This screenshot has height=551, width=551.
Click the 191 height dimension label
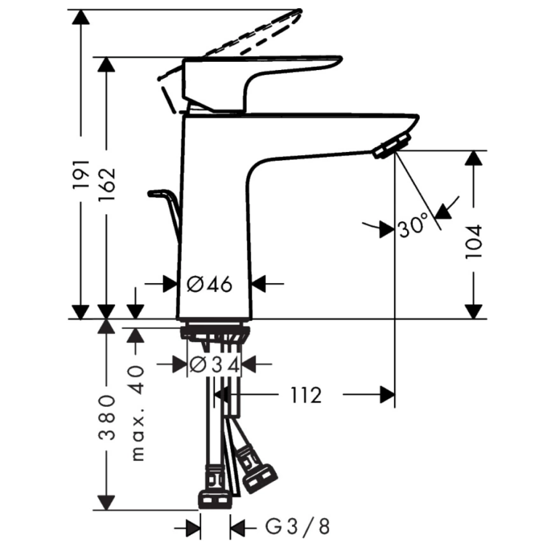(81, 174)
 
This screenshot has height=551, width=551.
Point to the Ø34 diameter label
(214, 365)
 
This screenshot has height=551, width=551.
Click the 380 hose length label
(106, 417)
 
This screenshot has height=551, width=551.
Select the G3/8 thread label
(297, 527)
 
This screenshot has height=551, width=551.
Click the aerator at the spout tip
(392, 144)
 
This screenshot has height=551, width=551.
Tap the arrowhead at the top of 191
(81, 17)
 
